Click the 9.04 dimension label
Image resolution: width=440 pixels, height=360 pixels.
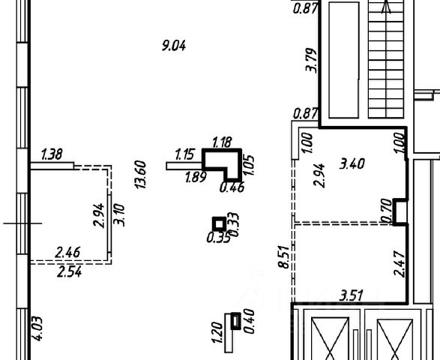pyautogui.click(x=174, y=46)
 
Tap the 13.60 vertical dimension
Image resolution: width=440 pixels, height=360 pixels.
pyautogui.click(x=140, y=175)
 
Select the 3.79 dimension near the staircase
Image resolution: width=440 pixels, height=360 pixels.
pyautogui.click(x=311, y=60)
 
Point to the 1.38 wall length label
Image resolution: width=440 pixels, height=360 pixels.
pyautogui.click(x=52, y=154)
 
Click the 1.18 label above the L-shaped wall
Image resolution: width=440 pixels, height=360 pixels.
pyautogui.click(x=222, y=142)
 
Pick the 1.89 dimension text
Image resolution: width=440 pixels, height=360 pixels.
pyautogui.click(x=196, y=177)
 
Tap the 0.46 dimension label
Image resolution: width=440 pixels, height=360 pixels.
pyautogui.click(x=232, y=187)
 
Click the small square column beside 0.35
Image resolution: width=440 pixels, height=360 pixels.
pyautogui.click(x=219, y=224)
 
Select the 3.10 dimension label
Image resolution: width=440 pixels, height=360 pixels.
pyautogui.click(x=119, y=215)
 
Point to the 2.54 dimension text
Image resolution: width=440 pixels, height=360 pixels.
pyautogui.click(x=69, y=272)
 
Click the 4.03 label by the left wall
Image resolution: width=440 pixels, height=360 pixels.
pyautogui.click(x=37, y=328)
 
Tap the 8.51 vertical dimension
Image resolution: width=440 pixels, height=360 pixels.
pyautogui.click(x=283, y=257)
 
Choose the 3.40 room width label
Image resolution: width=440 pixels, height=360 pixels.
pyautogui.click(x=352, y=163)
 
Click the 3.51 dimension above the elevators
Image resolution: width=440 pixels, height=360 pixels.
pyautogui.click(x=352, y=296)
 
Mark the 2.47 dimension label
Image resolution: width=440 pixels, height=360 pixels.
pyautogui.click(x=400, y=264)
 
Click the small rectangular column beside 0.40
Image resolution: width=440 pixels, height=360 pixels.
pyautogui.click(x=235, y=321)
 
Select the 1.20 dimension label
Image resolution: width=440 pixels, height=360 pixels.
pyautogui.click(x=218, y=332)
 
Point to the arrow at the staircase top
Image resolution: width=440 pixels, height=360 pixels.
pyautogui.click(x=386, y=7)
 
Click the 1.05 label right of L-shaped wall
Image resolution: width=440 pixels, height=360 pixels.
pyautogui.click(x=249, y=165)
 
